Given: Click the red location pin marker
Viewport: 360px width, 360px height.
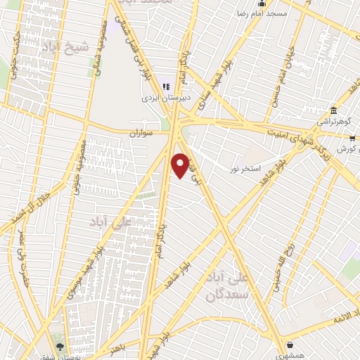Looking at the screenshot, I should click(x=181, y=165).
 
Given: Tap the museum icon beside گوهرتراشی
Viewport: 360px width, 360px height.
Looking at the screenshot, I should click(x=334, y=110).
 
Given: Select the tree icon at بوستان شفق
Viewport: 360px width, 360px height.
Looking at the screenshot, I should click(x=59, y=347).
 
